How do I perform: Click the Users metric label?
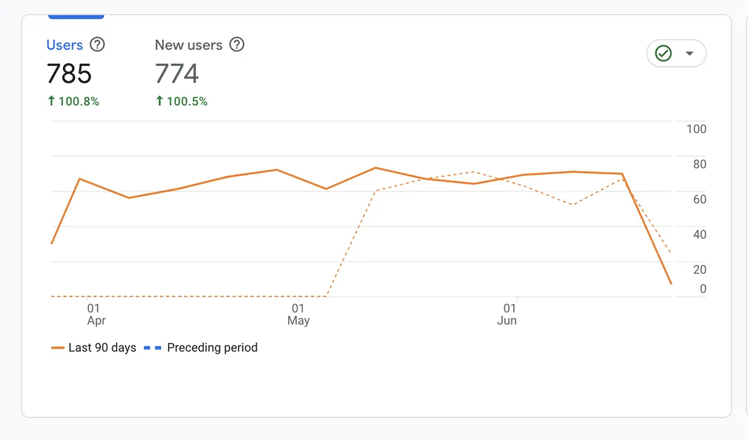click(65, 45)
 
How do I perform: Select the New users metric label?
click(188, 45)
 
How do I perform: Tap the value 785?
click(69, 74)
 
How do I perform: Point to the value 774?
click(177, 74)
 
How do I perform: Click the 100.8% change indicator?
click(74, 101)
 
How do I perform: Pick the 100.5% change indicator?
click(181, 101)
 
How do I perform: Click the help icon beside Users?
click(97, 45)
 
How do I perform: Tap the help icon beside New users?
click(237, 45)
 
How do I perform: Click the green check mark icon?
click(663, 54)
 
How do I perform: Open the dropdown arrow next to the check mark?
click(689, 54)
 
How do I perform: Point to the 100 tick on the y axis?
click(696, 129)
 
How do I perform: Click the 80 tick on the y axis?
click(699, 164)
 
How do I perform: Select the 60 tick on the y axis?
click(699, 199)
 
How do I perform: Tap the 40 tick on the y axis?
click(699, 235)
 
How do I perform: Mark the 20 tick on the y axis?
click(699, 269)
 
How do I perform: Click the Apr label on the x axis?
click(96, 321)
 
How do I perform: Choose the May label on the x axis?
click(299, 321)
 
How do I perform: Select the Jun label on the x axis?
click(507, 321)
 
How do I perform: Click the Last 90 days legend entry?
click(95, 348)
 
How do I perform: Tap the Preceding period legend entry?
click(201, 348)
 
